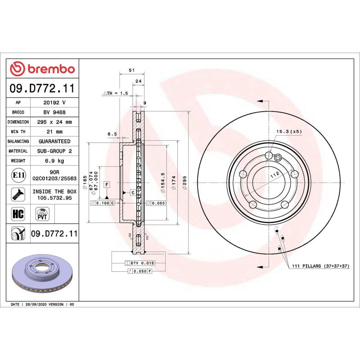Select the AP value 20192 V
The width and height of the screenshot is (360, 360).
point(54,103)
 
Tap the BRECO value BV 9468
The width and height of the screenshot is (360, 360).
point(54,112)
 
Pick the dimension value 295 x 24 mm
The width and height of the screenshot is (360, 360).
point(54,122)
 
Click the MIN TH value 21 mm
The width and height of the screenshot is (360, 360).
point(54,132)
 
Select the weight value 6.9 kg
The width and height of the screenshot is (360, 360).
point(54,161)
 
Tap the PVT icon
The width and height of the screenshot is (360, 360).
point(43,213)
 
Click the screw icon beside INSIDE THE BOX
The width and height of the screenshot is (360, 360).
point(18,194)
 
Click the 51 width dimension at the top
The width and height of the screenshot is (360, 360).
point(131,71)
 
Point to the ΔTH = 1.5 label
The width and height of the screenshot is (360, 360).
point(116,93)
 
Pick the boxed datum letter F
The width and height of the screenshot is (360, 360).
point(107,184)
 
